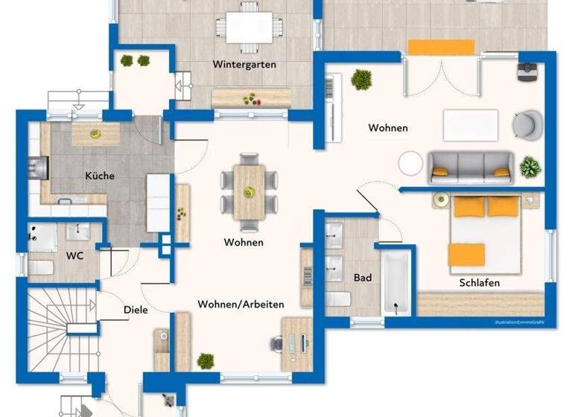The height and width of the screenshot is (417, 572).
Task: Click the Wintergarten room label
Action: click(244, 65)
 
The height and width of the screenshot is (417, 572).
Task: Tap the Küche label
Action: click(100, 176)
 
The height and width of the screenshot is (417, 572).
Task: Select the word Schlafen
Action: click(479, 283)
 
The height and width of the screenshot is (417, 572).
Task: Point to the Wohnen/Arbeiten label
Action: click(241, 305)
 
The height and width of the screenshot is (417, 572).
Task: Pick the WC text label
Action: click(74, 256)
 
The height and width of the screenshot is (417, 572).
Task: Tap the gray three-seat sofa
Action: click(470, 168)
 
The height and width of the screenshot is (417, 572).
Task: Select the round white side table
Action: click(410, 163)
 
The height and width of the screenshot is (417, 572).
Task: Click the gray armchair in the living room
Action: click(527, 124)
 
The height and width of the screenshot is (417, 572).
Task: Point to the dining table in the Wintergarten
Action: click(250, 28)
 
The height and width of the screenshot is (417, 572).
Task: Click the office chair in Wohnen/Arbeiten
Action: click(277, 343)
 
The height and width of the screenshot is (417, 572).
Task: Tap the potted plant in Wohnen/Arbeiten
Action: click(206, 361)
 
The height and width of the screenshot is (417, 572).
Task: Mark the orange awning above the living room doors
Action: click(441, 47)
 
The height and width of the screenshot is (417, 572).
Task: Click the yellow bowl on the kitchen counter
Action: click(95, 134)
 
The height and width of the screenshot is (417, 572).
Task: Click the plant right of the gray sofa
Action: click(530, 167)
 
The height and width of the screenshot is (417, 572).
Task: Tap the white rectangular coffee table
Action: click(470, 124)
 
